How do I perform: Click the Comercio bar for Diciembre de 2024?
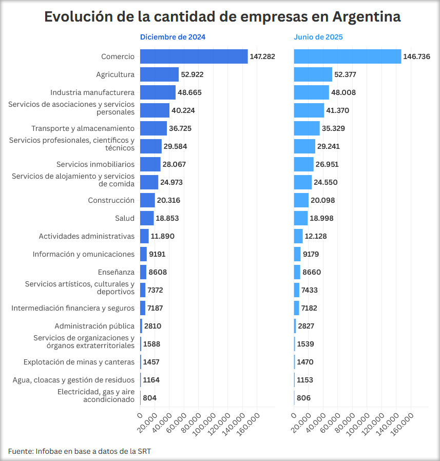[194, 56]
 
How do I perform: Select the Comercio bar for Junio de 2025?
[347, 56]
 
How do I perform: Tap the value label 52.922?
[193, 74]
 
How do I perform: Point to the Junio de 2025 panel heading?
[318, 37]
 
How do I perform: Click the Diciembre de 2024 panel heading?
[173, 37]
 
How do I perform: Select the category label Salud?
[125, 218]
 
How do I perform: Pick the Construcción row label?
[111, 200]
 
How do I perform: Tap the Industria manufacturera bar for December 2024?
[158, 92]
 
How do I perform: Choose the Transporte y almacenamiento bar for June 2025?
[307, 128]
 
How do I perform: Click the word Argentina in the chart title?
[367, 16]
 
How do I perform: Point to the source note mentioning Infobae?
[80, 451]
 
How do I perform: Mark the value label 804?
[150, 398]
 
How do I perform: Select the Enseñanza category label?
[116, 272]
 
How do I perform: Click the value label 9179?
[311, 254]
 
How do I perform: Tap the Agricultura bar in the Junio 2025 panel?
[313, 74]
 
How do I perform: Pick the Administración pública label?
[94, 326]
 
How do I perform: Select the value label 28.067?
[175, 164]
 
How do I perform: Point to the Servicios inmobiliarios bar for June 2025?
[303, 164]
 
